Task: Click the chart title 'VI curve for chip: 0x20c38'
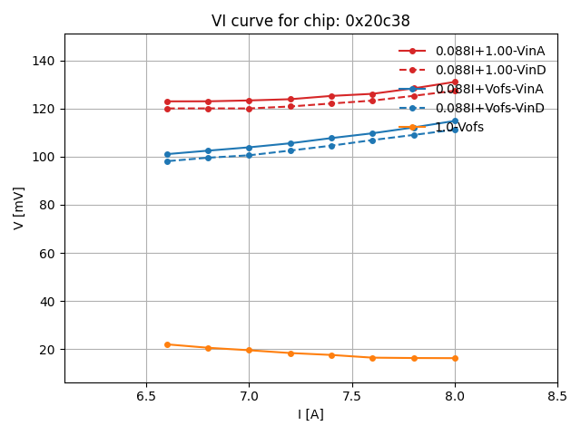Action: [310, 21]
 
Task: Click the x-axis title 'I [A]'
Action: [310, 414]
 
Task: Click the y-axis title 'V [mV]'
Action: [19, 208]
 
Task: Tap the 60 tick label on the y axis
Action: [47, 253]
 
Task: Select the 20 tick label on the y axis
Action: [47, 349]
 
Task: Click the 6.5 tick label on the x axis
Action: [146, 396]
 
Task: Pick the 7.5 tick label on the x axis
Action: [352, 396]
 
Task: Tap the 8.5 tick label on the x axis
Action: [557, 396]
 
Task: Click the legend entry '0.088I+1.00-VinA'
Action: [489, 52]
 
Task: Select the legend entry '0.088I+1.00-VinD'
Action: [490, 70]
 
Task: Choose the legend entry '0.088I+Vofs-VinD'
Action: [490, 108]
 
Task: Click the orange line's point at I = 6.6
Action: [167, 344]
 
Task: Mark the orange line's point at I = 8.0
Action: [455, 358]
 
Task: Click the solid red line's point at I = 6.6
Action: [167, 101]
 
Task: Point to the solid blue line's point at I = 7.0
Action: [249, 148]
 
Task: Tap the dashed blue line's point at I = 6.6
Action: [167, 161]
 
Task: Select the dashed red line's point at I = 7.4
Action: [331, 103]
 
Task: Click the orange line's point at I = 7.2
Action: [290, 353]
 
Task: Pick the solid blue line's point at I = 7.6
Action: [372, 133]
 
